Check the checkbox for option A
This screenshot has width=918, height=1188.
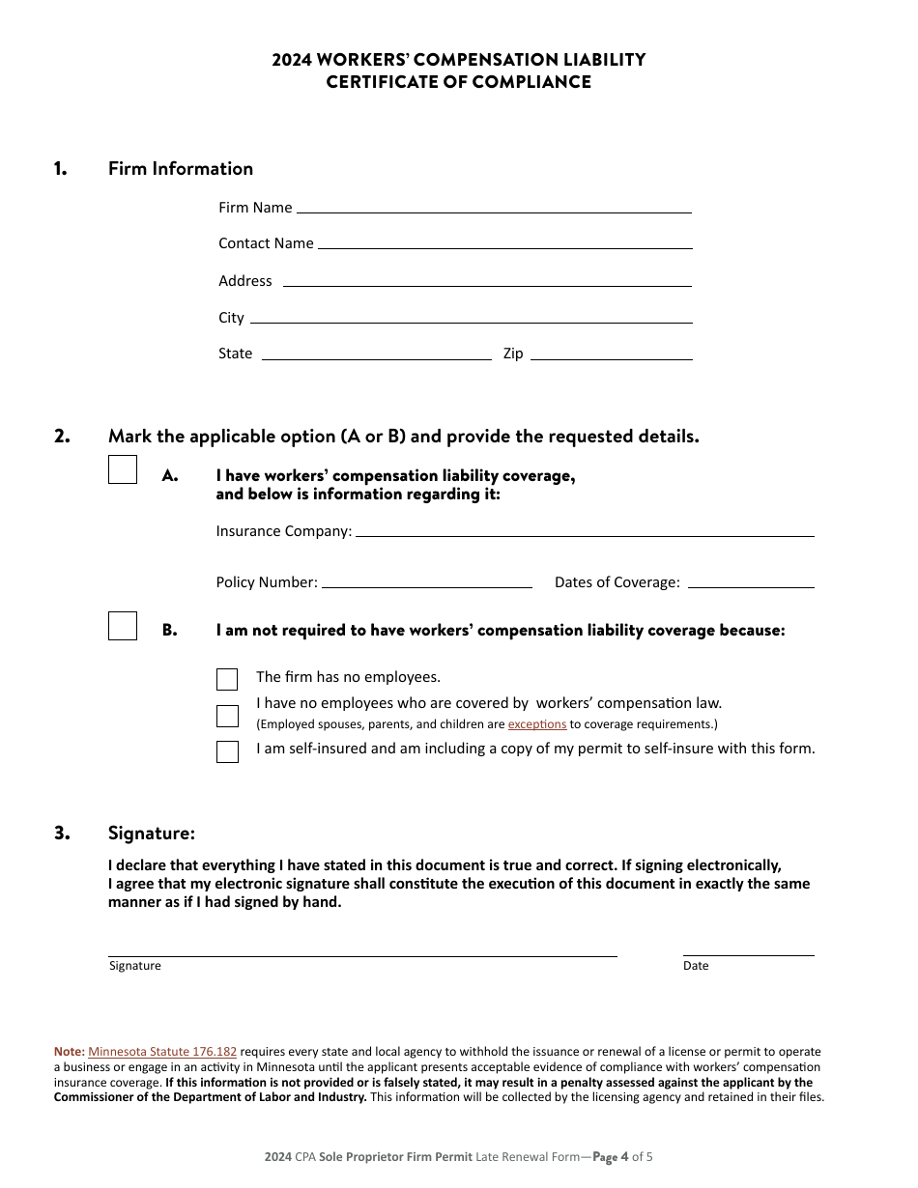[x=123, y=469]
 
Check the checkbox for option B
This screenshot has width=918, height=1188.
[x=123, y=626]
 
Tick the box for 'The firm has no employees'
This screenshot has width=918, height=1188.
[x=227, y=679]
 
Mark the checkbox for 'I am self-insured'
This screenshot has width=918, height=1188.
[x=227, y=751]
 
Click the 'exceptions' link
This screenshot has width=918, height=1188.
[x=537, y=724]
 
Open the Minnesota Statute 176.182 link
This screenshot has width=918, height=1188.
[x=162, y=1052]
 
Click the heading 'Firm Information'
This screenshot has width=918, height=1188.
[x=181, y=169]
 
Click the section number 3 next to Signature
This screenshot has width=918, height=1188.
[x=62, y=833]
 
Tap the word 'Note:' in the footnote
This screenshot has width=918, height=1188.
[x=69, y=1052]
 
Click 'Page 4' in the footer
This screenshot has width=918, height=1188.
[x=610, y=1156]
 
